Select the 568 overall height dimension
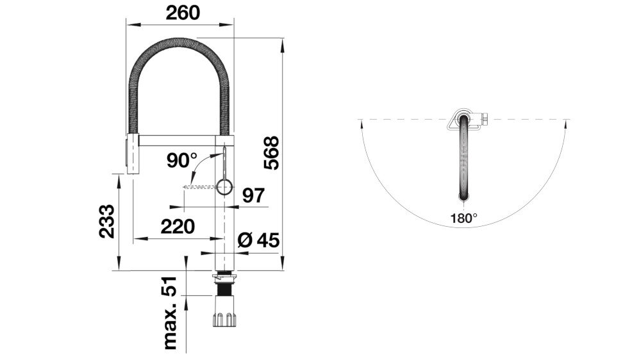(272, 152)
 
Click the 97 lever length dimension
(253, 196)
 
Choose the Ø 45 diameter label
(258, 240)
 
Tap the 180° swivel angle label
(463, 218)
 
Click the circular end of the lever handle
(224, 187)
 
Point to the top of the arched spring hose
(179, 43)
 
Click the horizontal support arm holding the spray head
(176, 138)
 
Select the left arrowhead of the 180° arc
(362, 126)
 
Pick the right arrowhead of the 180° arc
(566, 126)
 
